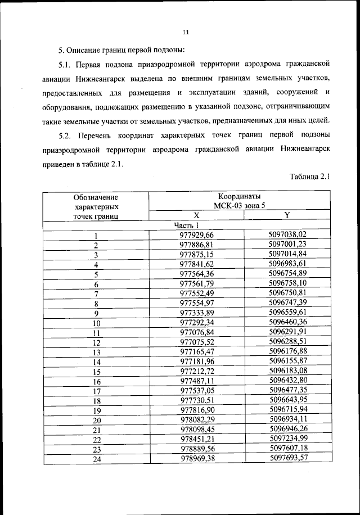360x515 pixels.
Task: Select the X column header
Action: (196, 215)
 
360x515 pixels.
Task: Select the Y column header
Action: (287, 215)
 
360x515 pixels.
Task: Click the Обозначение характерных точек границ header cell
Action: (96, 206)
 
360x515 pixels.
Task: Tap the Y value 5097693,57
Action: (287, 458)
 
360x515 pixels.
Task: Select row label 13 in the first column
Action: (96, 351)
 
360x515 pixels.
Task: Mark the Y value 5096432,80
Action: (287, 381)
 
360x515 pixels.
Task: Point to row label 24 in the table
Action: (96, 459)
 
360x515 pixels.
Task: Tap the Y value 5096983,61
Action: (287, 264)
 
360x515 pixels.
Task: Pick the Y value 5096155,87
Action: (287, 361)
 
